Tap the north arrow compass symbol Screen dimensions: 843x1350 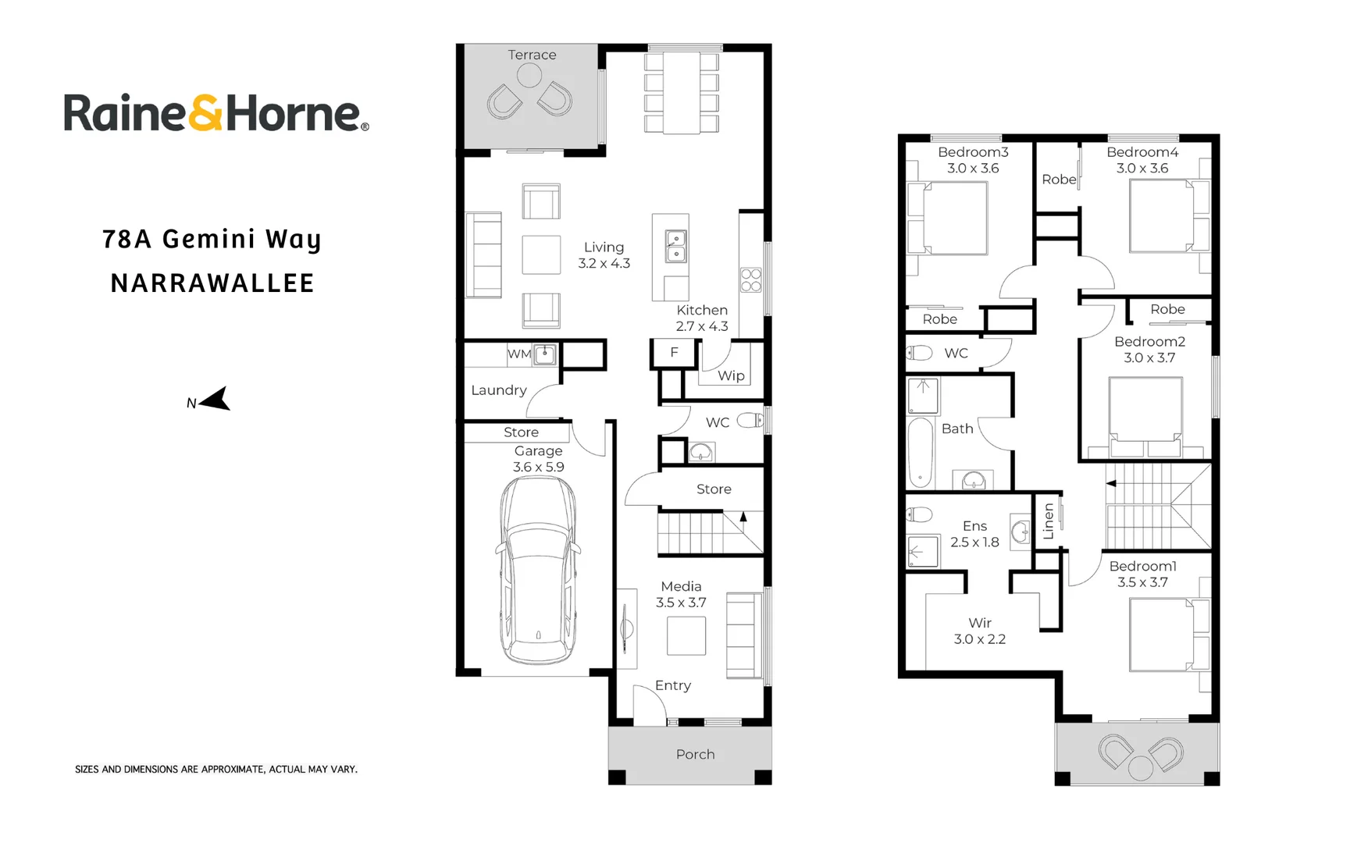[x=216, y=399]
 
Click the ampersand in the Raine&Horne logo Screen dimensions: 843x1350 [x=206, y=113]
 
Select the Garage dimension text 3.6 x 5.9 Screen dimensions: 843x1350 [x=538, y=467]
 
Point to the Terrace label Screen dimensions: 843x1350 [x=532, y=55]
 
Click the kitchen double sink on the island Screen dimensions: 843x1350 [x=675, y=246]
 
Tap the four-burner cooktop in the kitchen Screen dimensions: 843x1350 [x=750, y=280]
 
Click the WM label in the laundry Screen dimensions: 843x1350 [x=519, y=354]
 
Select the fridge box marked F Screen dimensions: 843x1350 [x=675, y=353]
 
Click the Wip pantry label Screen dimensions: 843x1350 [x=731, y=375]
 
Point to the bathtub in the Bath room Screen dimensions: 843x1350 [x=921, y=454]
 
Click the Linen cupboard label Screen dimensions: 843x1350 [x=1049, y=521]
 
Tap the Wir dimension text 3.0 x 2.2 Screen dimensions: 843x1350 [x=979, y=638]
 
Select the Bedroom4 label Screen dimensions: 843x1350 [x=1142, y=152]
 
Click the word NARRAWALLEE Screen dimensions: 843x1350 [x=212, y=283]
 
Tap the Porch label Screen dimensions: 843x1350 [x=695, y=754]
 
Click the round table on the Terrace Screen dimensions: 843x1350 [x=529, y=76]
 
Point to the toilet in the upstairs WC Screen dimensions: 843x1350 [x=920, y=353]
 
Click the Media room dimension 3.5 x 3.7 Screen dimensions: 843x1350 [x=681, y=603]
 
